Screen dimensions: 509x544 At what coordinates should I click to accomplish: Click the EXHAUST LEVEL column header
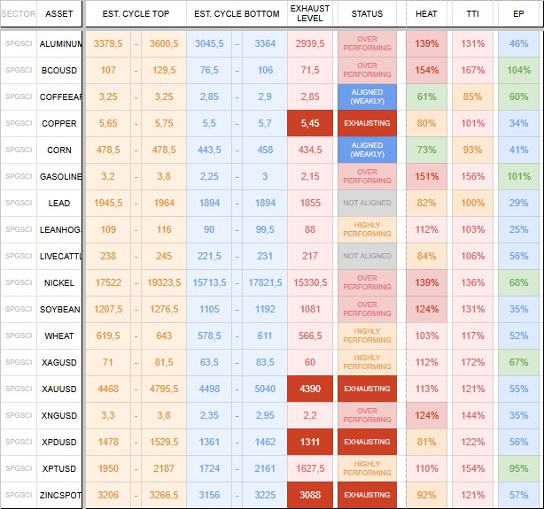310,13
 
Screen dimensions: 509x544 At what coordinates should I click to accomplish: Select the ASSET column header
59,13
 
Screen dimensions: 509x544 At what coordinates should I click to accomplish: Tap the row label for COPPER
59,124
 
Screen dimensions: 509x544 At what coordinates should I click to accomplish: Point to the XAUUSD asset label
59,389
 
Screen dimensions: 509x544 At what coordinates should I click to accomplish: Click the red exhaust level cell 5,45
310,124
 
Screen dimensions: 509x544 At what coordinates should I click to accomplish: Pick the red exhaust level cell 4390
310,389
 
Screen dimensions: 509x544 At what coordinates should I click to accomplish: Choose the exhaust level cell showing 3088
310,495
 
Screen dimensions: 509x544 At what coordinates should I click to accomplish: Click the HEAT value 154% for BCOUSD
427,71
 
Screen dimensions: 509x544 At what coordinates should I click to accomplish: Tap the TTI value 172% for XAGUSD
473,362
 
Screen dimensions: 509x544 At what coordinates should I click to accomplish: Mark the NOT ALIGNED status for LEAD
367,203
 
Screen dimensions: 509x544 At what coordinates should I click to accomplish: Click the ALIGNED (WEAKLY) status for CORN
367,150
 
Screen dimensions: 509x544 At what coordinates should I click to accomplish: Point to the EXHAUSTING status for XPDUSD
367,442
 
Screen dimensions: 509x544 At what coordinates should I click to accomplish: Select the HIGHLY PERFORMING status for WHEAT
367,335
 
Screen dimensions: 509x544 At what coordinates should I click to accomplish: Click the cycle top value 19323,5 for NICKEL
162,282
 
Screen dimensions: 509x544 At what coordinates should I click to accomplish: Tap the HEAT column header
427,13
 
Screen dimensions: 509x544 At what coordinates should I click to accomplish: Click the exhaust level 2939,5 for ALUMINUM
310,43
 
